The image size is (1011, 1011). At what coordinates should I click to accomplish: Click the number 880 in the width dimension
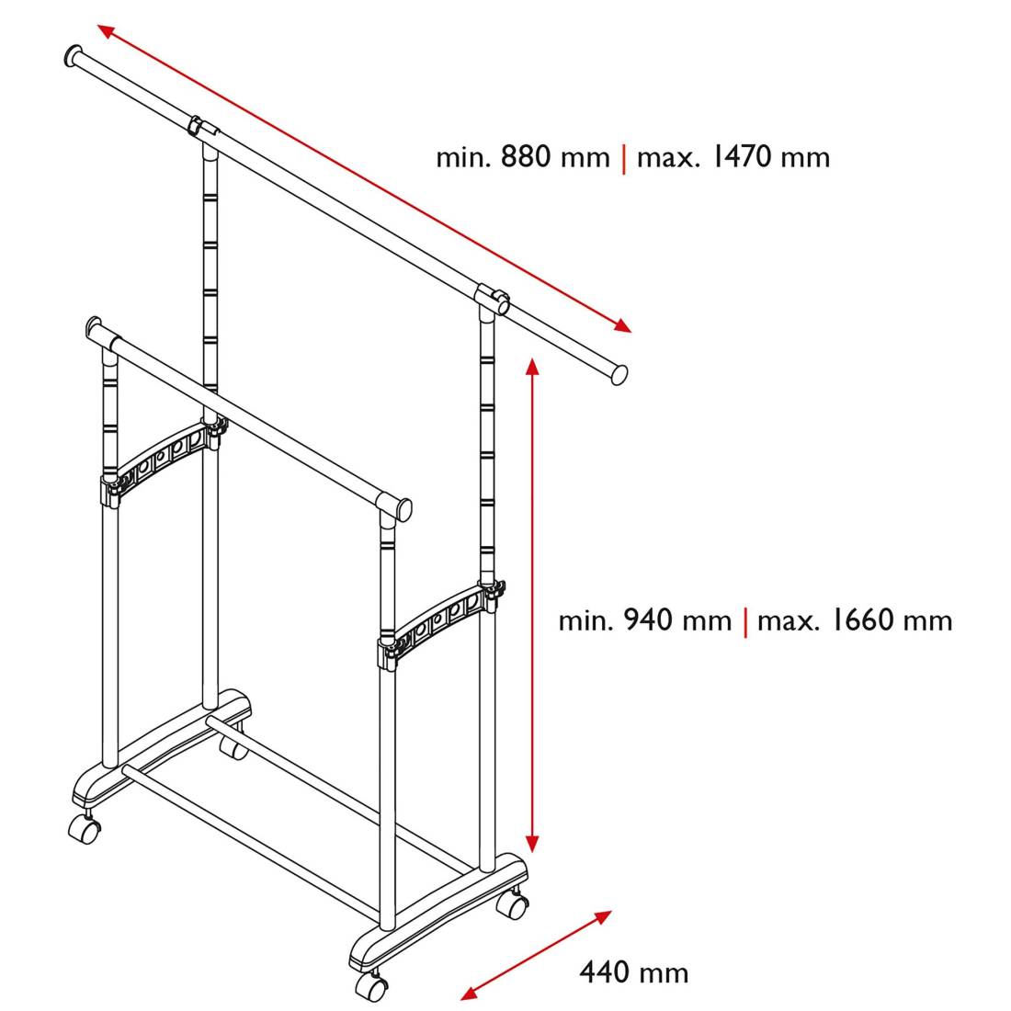point(526,156)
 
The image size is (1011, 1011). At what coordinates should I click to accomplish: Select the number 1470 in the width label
point(742,156)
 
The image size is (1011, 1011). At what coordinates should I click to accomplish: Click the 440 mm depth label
point(634,971)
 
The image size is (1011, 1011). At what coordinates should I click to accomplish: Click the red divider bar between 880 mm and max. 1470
point(623,159)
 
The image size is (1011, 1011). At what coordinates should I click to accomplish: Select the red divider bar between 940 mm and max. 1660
point(745,621)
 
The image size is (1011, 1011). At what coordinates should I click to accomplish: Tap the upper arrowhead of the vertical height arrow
point(532,366)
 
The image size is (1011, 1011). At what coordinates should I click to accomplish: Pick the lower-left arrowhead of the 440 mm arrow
point(470,993)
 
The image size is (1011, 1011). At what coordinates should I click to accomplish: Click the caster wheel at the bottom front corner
point(371,986)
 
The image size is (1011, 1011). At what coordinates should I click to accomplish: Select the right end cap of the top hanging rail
point(619,375)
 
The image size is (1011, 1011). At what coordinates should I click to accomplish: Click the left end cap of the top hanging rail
point(73,56)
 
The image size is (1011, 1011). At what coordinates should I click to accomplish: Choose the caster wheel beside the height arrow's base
point(513,904)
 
